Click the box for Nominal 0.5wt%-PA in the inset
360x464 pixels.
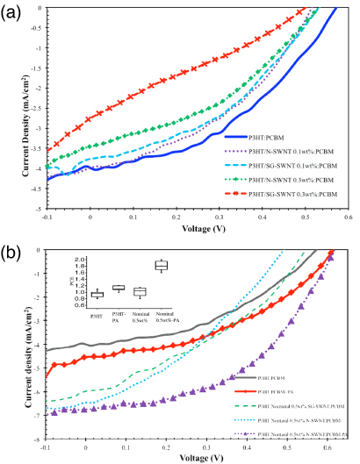(161, 265)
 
